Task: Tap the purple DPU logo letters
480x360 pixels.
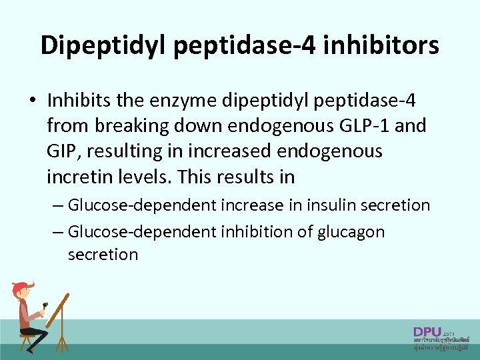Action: pyautogui.click(x=427, y=332)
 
